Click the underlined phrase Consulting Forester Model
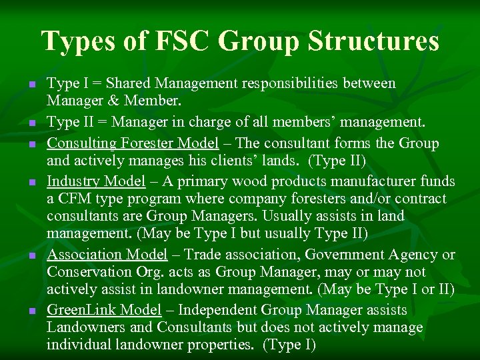coord(133,143)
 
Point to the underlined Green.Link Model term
coord(104,310)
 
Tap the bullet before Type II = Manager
coord(31,124)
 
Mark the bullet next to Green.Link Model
coord(31,311)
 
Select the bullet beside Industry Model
coord(31,182)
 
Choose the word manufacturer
coord(375,181)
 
